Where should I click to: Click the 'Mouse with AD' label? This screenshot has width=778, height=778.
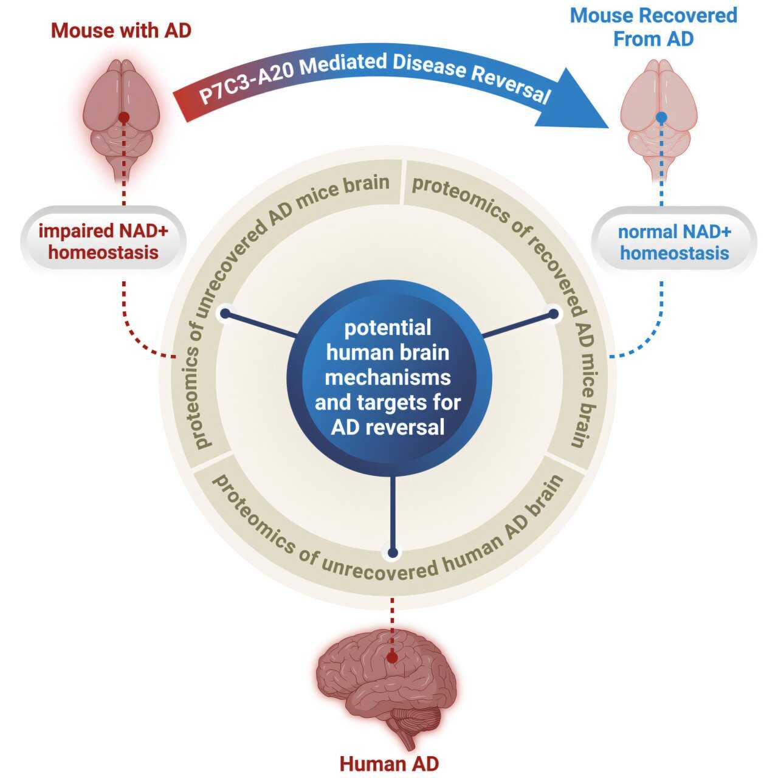121,30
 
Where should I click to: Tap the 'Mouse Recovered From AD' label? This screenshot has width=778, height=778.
653,27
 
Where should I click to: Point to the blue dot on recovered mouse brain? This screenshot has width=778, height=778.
662,116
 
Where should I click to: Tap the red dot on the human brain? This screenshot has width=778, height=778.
393,657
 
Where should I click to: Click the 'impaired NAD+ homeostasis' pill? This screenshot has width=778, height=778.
103,241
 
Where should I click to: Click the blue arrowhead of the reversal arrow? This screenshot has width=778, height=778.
577,100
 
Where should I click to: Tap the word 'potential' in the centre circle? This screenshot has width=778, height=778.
388,328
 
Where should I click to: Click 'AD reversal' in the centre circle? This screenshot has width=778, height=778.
388,427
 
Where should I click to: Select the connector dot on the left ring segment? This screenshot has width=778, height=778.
225,314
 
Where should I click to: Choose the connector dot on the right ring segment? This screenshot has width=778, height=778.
554,314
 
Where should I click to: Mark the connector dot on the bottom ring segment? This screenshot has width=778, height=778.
393,553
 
